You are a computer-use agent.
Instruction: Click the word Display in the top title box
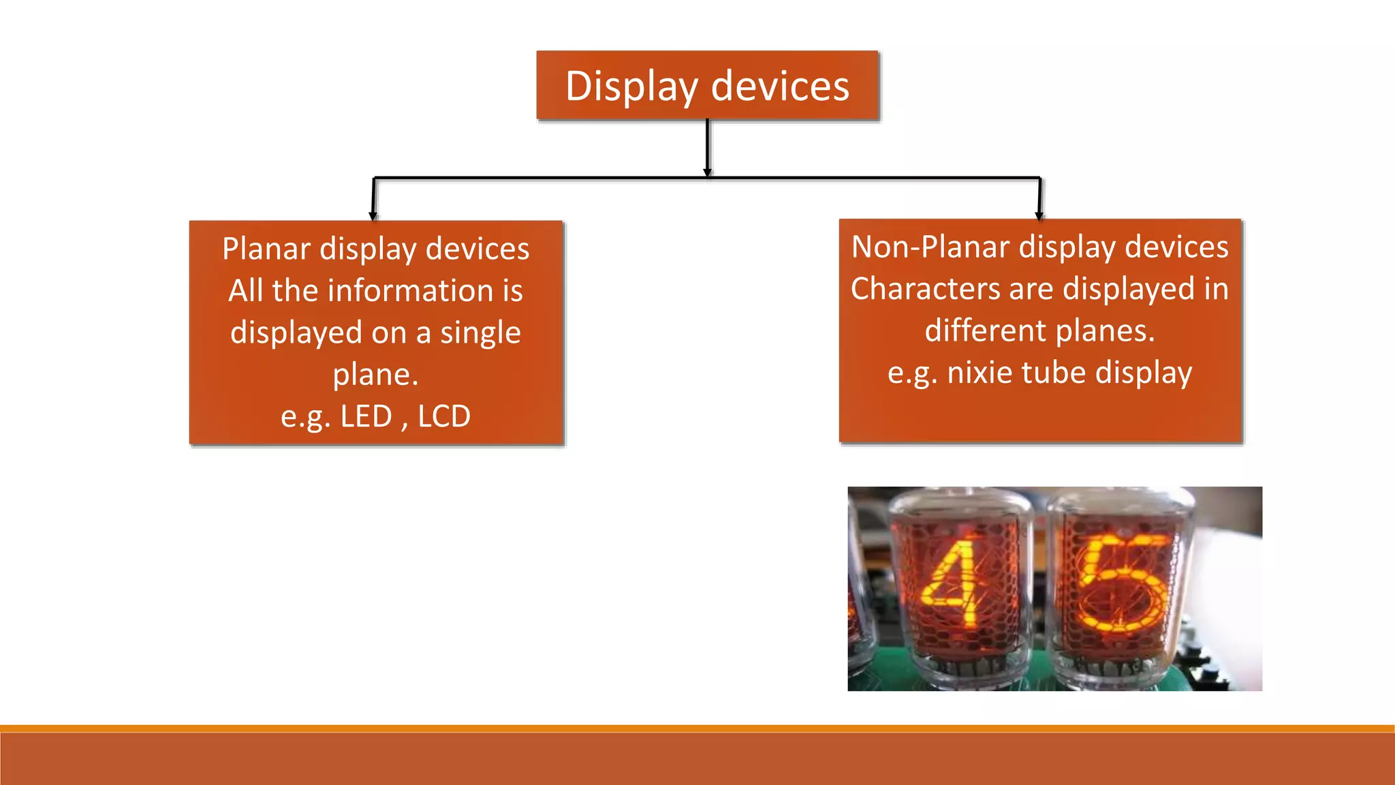tap(631, 87)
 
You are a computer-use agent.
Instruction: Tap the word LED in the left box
tap(366, 416)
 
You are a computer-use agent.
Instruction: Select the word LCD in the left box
tap(443, 416)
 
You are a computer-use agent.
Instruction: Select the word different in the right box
tap(985, 331)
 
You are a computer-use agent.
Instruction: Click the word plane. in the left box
tap(375, 375)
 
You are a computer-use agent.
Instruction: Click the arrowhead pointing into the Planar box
tap(373, 216)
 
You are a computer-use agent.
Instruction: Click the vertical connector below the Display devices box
tap(708, 147)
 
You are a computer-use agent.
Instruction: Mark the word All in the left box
tap(245, 291)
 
